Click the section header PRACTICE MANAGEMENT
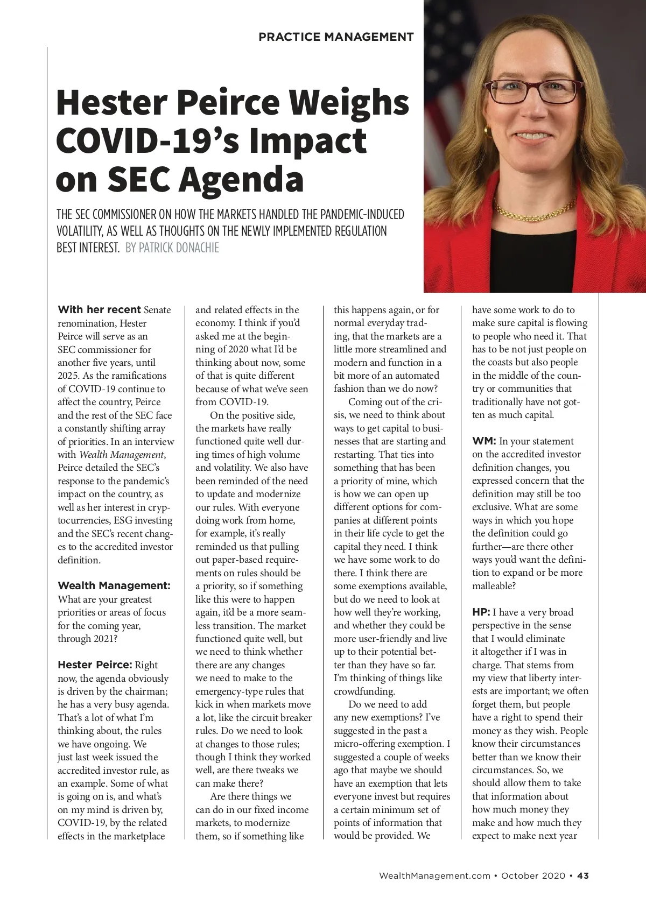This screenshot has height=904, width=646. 336,37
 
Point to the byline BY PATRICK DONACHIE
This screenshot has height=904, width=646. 172,248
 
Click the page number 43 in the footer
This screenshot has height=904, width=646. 583,875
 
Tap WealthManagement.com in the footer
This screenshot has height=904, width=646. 434,875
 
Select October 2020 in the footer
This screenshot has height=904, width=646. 533,875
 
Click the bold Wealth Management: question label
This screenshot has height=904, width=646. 114,586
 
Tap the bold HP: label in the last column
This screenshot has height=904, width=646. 481,612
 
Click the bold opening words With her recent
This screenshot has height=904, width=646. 99,310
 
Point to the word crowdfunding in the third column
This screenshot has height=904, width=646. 364,691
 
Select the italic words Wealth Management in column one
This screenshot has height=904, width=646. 121,455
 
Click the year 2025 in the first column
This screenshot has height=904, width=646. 68,376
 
